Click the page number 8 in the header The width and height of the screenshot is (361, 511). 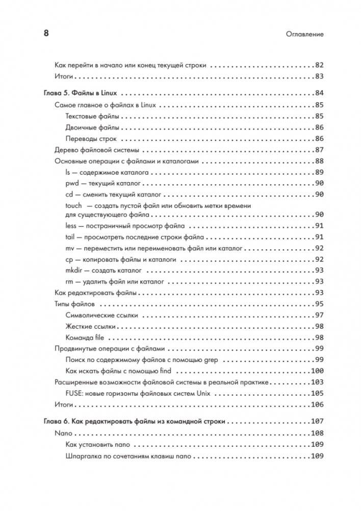(x=45, y=34)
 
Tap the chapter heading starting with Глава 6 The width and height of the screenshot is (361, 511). (x=133, y=422)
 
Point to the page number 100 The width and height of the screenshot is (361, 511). (x=317, y=371)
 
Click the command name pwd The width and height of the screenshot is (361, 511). (x=72, y=183)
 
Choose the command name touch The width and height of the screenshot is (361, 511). (x=74, y=205)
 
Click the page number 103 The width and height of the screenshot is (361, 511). (x=317, y=382)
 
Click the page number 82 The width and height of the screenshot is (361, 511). (x=319, y=65)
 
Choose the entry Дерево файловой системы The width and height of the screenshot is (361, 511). (x=97, y=150)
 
